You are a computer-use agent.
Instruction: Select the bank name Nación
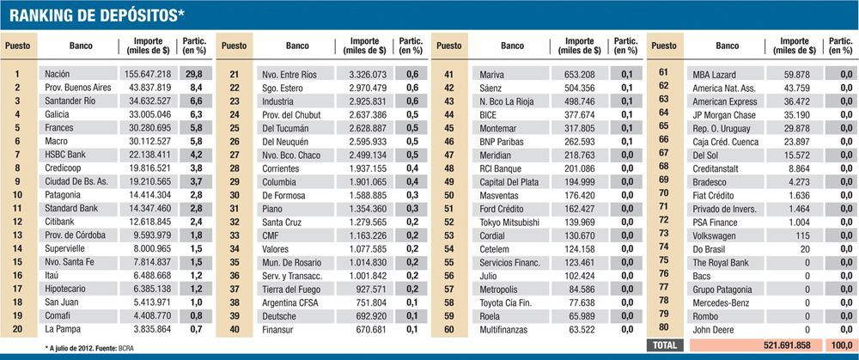57,75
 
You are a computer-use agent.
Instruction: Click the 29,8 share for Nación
194,75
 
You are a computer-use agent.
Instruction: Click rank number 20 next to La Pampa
17,327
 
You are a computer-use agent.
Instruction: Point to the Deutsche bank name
279,314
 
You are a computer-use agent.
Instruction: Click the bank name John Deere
715,327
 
